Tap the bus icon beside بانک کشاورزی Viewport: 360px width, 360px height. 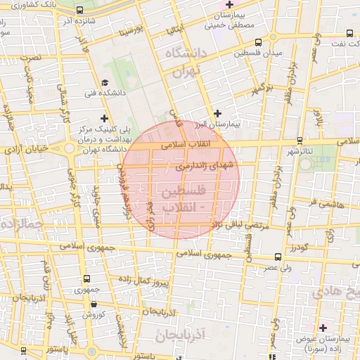[x=79, y=11]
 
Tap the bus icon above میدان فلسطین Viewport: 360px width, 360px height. [x=258, y=41]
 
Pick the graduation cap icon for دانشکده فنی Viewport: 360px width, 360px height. [x=105, y=82]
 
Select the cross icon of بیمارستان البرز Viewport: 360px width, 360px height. [x=217, y=112]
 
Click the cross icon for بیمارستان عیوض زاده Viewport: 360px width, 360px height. [x=323, y=328]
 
